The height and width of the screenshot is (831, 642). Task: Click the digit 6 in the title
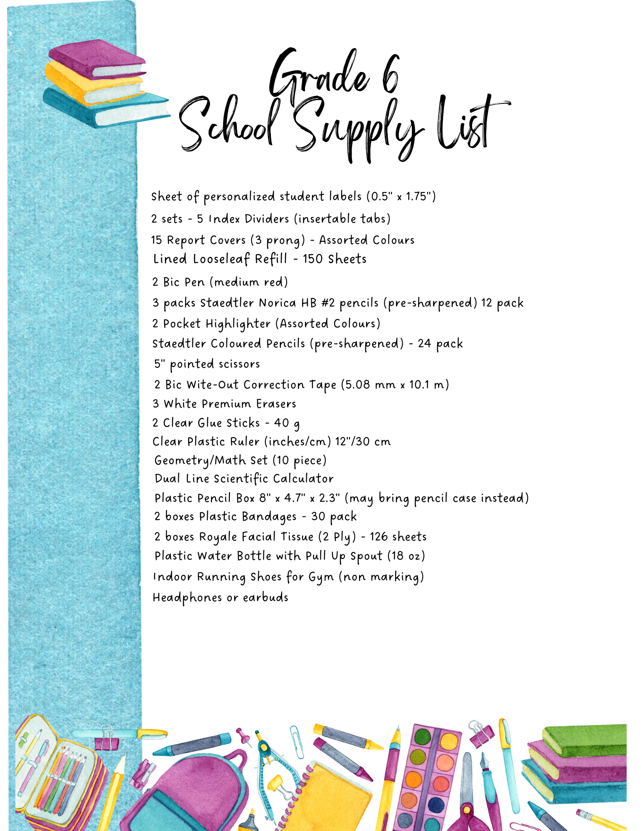391,75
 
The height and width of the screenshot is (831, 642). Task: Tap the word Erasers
276,404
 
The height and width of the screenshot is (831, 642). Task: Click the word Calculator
303,479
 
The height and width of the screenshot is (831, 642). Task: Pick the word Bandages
269,516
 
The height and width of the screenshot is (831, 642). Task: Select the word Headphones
187,597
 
